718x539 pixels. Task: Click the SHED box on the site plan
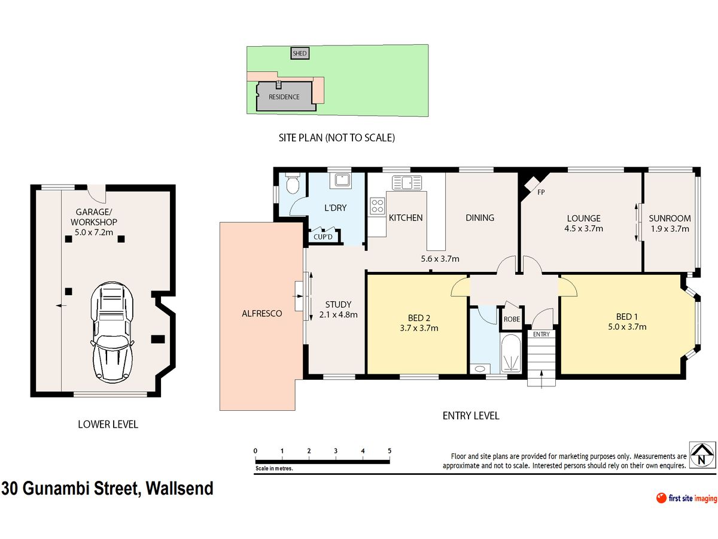coord(300,53)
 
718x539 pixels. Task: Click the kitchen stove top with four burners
coord(377,206)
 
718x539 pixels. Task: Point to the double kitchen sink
coord(407,183)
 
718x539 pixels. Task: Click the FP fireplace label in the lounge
coord(541,192)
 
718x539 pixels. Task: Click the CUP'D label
coord(323,237)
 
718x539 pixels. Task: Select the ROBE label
coord(512,319)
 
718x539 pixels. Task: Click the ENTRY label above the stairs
coord(541,334)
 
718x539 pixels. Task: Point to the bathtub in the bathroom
coord(510,353)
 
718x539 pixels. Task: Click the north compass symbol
coord(701,455)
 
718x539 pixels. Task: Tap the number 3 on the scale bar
coord(336,450)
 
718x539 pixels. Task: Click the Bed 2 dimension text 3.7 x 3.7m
coord(419,328)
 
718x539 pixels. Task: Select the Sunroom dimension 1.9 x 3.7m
coord(670,229)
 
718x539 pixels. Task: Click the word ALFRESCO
coord(261,313)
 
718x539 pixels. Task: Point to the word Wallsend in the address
coord(180,488)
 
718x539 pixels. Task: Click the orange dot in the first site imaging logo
coord(661,498)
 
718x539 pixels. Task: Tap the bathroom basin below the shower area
coord(480,369)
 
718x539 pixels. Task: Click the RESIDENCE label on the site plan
coord(284,97)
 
